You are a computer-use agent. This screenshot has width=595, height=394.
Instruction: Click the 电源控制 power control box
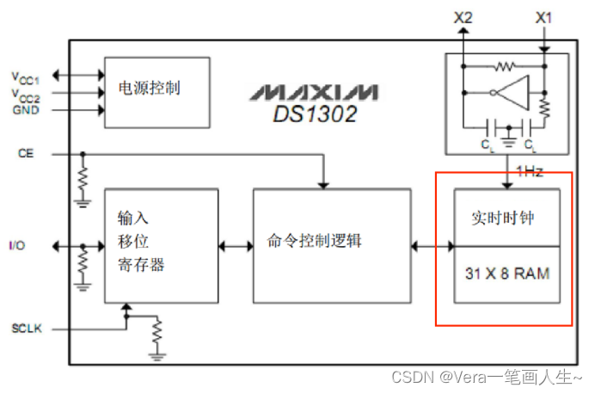tap(156, 88)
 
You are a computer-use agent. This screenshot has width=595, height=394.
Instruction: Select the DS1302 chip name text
tap(314, 113)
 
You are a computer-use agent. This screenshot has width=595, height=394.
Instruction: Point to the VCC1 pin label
tap(26, 76)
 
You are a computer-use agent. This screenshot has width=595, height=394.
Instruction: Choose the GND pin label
tap(26, 110)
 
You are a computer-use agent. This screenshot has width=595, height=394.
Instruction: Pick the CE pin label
tap(25, 153)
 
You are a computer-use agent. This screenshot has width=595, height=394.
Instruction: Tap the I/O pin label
tap(17, 246)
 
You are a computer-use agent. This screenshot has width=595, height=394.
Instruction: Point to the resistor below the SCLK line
tap(156, 330)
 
